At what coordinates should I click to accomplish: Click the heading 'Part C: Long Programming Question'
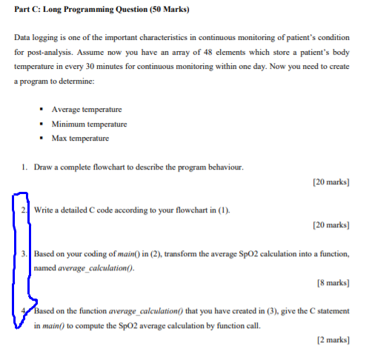tap(75, 10)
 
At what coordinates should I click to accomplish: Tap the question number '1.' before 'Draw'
tap(26, 167)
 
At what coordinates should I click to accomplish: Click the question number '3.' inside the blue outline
tap(25, 254)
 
